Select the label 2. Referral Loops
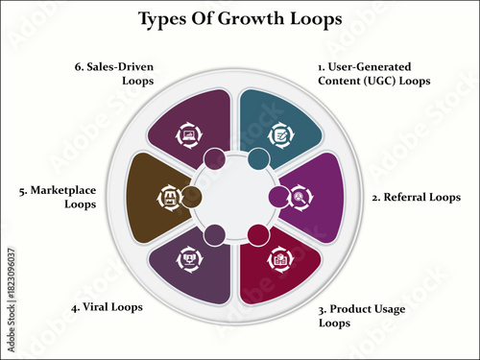pyautogui.click(x=416, y=197)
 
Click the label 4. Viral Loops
pyautogui.click(x=107, y=308)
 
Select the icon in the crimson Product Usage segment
pyautogui.click(x=280, y=259)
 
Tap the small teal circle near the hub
pyautogui.click(x=259, y=158)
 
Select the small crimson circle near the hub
pyautogui.click(x=257, y=233)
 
